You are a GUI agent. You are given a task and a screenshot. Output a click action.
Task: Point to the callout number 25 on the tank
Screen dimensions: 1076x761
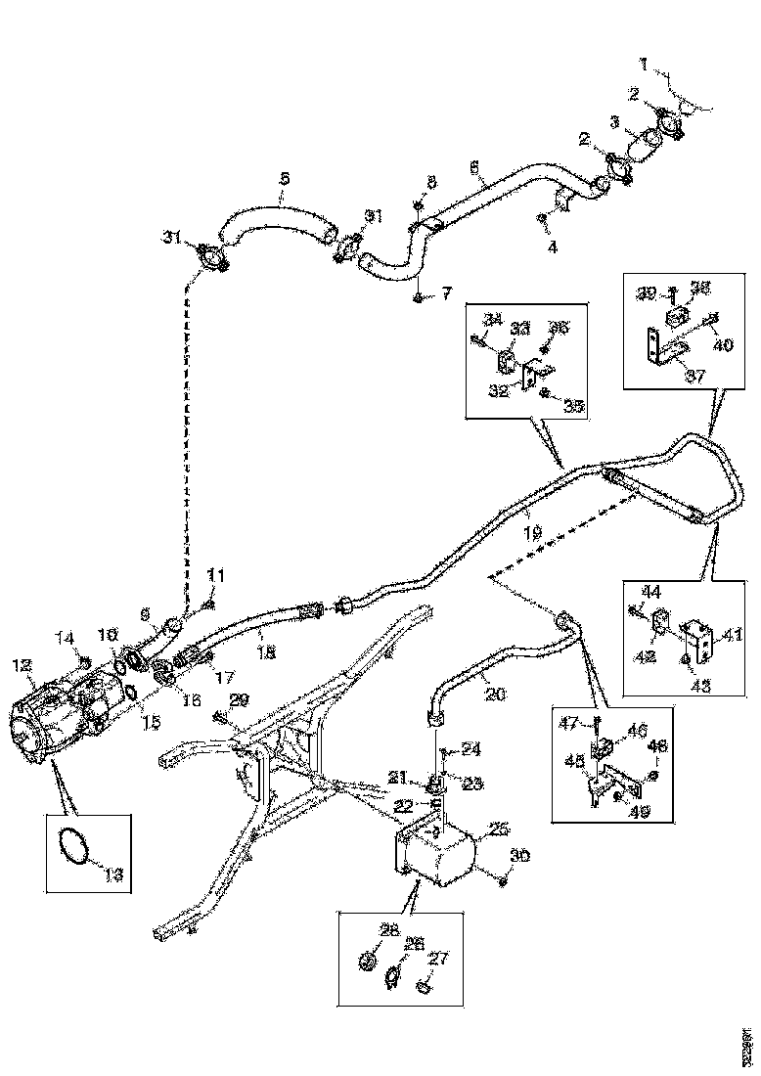498,829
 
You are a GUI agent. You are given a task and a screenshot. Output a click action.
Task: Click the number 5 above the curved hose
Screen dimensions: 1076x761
284,179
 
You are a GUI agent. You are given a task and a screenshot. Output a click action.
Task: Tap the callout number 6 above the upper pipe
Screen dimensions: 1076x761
474,167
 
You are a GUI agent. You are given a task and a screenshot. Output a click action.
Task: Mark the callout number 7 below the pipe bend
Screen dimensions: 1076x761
448,291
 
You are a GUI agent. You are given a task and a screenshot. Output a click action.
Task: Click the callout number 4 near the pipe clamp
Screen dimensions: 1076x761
552,247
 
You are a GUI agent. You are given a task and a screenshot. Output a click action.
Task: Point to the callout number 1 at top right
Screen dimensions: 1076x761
644,65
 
